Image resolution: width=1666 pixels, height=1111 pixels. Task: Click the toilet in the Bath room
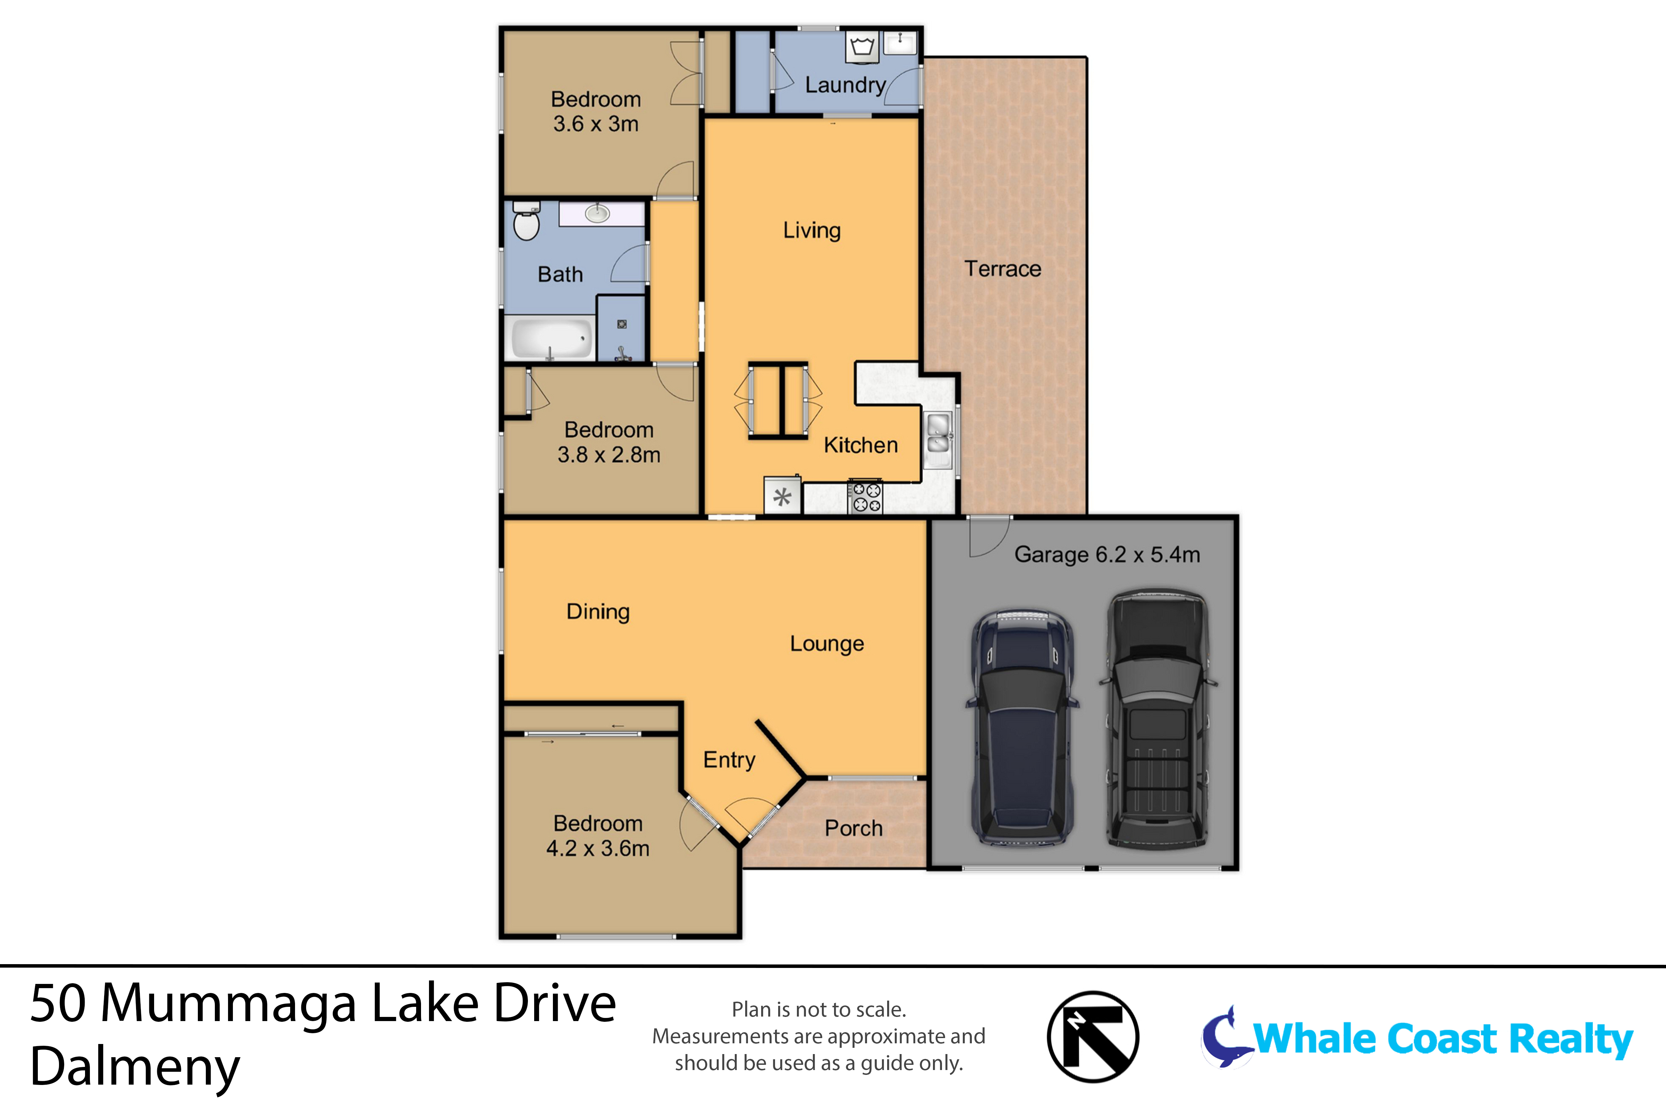click(525, 223)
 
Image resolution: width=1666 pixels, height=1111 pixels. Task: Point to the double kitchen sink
click(939, 434)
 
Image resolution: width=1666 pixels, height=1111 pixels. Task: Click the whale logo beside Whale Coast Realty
click(1224, 1038)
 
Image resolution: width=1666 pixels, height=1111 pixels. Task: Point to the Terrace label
click(1002, 269)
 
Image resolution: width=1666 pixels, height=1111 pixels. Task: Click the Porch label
click(853, 828)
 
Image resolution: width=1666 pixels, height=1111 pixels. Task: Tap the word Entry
click(729, 760)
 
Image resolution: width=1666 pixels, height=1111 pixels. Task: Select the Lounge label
click(827, 644)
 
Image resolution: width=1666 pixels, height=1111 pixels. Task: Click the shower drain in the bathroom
click(621, 325)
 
